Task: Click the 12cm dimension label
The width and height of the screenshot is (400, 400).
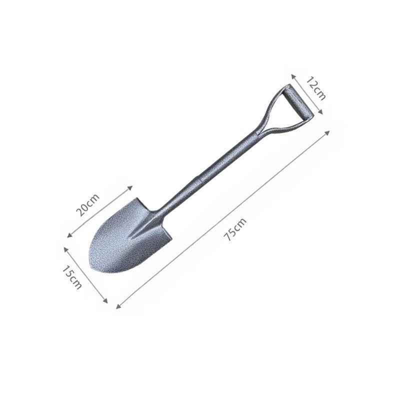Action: click(316, 89)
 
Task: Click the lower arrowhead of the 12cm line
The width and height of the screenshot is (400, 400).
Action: click(322, 113)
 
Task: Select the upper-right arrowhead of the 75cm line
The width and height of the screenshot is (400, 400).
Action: click(330, 131)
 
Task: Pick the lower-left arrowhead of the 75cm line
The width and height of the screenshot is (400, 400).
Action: click(117, 307)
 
